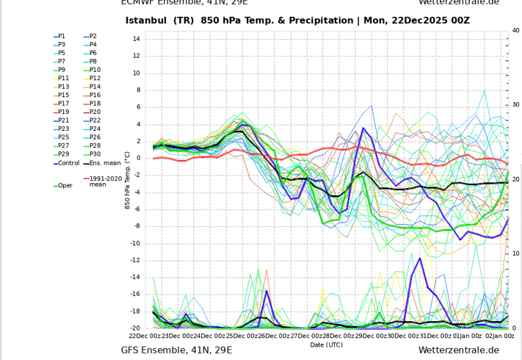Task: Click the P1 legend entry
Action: [62, 36]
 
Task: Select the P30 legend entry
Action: [94, 154]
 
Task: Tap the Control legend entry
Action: [68, 163]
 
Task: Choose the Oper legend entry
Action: [65, 185]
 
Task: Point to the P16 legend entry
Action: [94, 96]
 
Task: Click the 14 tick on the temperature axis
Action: [137, 39]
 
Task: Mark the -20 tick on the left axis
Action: [134, 328]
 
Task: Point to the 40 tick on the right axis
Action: [515, 31]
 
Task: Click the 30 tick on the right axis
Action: [515, 105]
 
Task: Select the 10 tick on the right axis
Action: [515, 253]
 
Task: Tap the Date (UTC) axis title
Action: [326, 345]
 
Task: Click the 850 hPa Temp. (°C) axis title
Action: [128, 181]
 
